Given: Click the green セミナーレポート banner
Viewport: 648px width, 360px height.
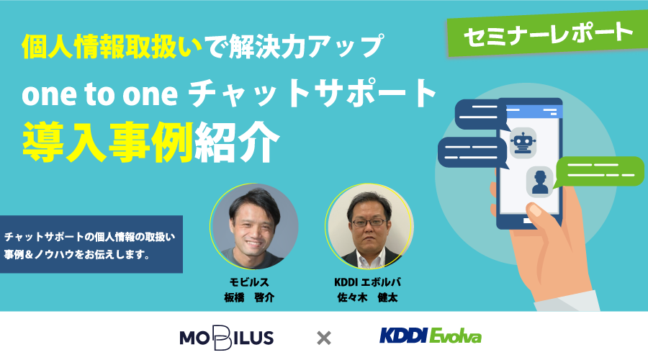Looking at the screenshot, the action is tap(548, 33).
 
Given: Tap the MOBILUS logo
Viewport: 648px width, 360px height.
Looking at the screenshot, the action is tap(227, 338).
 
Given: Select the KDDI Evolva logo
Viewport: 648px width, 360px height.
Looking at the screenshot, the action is tap(431, 336).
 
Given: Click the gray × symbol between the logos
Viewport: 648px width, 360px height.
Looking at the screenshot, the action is tap(323, 338).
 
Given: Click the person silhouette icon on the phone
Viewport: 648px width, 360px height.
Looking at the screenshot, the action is tap(540, 182).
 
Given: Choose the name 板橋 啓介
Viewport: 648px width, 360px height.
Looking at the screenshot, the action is tap(249, 297).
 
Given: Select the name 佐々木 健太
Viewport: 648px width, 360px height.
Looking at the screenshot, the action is tap(367, 297).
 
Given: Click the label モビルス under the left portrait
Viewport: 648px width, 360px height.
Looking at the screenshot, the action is tap(249, 282).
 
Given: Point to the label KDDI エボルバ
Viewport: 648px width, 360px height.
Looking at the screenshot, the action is tap(367, 282).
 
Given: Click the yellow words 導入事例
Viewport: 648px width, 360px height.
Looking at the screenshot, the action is tap(108, 143).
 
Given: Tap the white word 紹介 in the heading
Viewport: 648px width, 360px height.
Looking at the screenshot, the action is tap(237, 143).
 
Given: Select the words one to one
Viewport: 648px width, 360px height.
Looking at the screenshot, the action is tap(99, 94).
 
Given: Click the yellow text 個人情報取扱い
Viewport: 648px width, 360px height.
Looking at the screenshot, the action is tap(112, 47).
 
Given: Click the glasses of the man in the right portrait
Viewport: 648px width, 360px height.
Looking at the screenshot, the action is tap(367, 222).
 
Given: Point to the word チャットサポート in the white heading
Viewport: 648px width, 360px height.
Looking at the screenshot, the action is tap(313, 94).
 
